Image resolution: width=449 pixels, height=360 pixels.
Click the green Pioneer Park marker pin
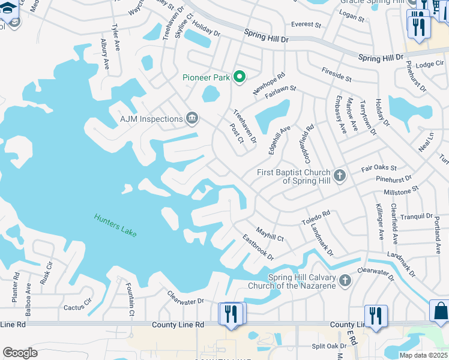pyautogui.click(x=240, y=76)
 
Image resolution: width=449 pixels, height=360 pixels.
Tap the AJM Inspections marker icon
pyautogui.click(x=192, y=118)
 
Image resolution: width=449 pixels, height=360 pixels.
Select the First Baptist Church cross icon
pyautogui.click(x=340, y=176)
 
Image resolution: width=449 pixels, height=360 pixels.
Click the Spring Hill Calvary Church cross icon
pyautogui.click(x=345, y=280)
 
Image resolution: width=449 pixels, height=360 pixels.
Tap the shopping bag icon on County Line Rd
pyautogui.click(x=440, y=311)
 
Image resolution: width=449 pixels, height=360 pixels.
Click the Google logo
pyautogui.click(x=20, y=353)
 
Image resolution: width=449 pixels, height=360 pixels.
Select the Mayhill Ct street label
pyautogui.click(x=270, y=233)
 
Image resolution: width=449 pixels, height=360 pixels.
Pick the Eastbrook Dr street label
pyautogui.click(x=258, y=247)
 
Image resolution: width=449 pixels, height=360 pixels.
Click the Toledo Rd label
pyautogui.click(x=316, y=217)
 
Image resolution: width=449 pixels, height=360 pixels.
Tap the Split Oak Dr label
pyautogui.click(x=329, y=346)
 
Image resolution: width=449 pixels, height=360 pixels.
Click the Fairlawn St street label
pyautogui.click(x=280, y=88)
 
